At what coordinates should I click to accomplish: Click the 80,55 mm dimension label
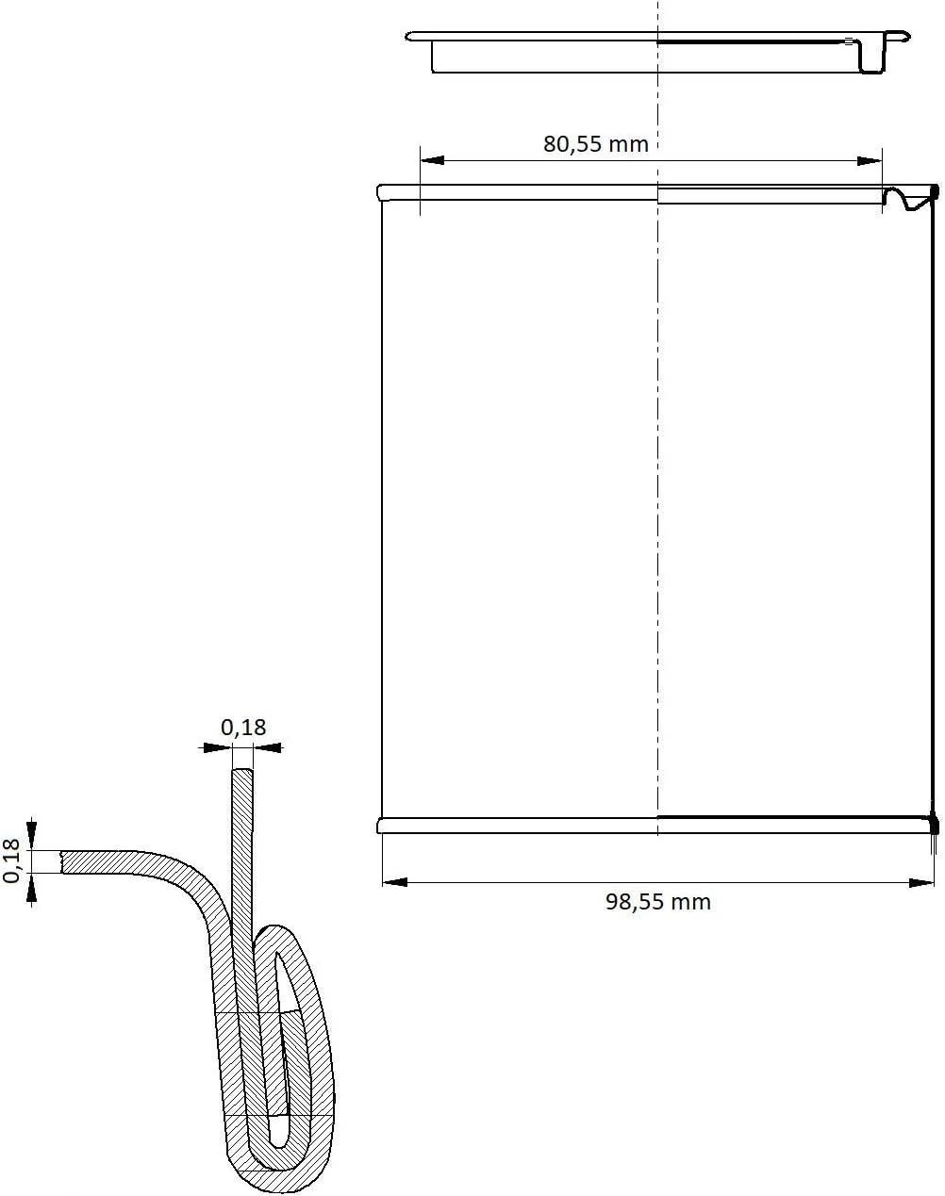tap(596, 144)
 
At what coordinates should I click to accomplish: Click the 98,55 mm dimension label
tap(658, 901)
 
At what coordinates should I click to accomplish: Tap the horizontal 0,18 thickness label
tap(243, 727)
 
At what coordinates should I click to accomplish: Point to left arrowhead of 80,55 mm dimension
tap(432, 160)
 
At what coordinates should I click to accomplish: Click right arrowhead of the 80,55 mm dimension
tap(870, 161)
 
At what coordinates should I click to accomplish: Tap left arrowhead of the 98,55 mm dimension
tap(395, 882)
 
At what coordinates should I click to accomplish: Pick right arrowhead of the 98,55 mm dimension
tap(921, 882)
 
